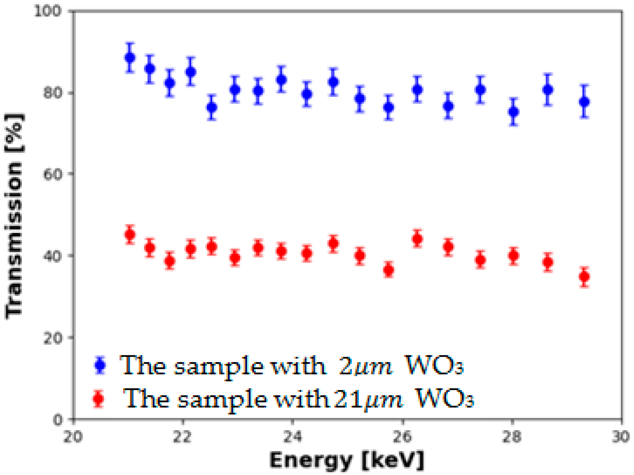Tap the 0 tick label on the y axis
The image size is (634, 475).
point(58,420)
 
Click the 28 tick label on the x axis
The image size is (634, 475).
point(512,437)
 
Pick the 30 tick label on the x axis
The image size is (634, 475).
point(621,437)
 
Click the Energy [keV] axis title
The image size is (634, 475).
point(347,461)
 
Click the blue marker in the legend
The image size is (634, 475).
point(100,365)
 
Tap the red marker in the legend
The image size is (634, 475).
point(99,399)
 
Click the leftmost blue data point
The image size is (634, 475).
point(130,58)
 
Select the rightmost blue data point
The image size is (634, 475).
point(584,102)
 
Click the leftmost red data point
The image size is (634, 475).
point(130,234)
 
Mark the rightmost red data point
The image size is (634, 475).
point(584,277)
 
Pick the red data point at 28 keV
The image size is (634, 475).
point(514,256)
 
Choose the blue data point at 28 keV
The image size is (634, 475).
point(514,112)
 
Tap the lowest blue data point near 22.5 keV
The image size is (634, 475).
point(211,107)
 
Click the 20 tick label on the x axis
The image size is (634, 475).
point(73,437)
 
